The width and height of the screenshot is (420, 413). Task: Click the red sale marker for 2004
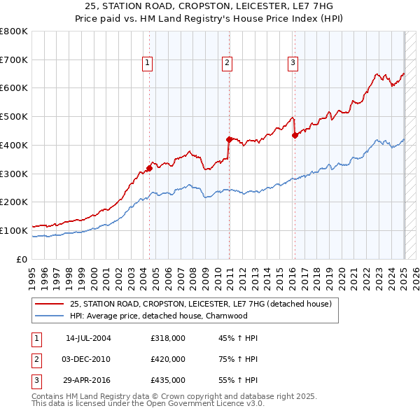tap(149, 168)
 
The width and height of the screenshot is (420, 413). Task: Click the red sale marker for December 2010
tap(229, 139)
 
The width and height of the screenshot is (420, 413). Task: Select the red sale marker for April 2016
tap(295, 135)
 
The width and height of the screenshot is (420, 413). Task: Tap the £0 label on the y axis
tap(21, 259)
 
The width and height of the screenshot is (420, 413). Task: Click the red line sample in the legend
tap(49, 304)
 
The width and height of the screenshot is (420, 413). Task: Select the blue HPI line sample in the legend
tap(49, 316)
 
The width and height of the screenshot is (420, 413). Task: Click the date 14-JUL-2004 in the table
tap(88, 338)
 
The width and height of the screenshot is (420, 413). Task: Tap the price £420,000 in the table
tap(168, 359)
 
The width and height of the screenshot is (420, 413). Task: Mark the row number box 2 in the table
tap(35, 359)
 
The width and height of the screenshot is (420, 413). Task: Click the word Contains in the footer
tap(50, 396)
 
